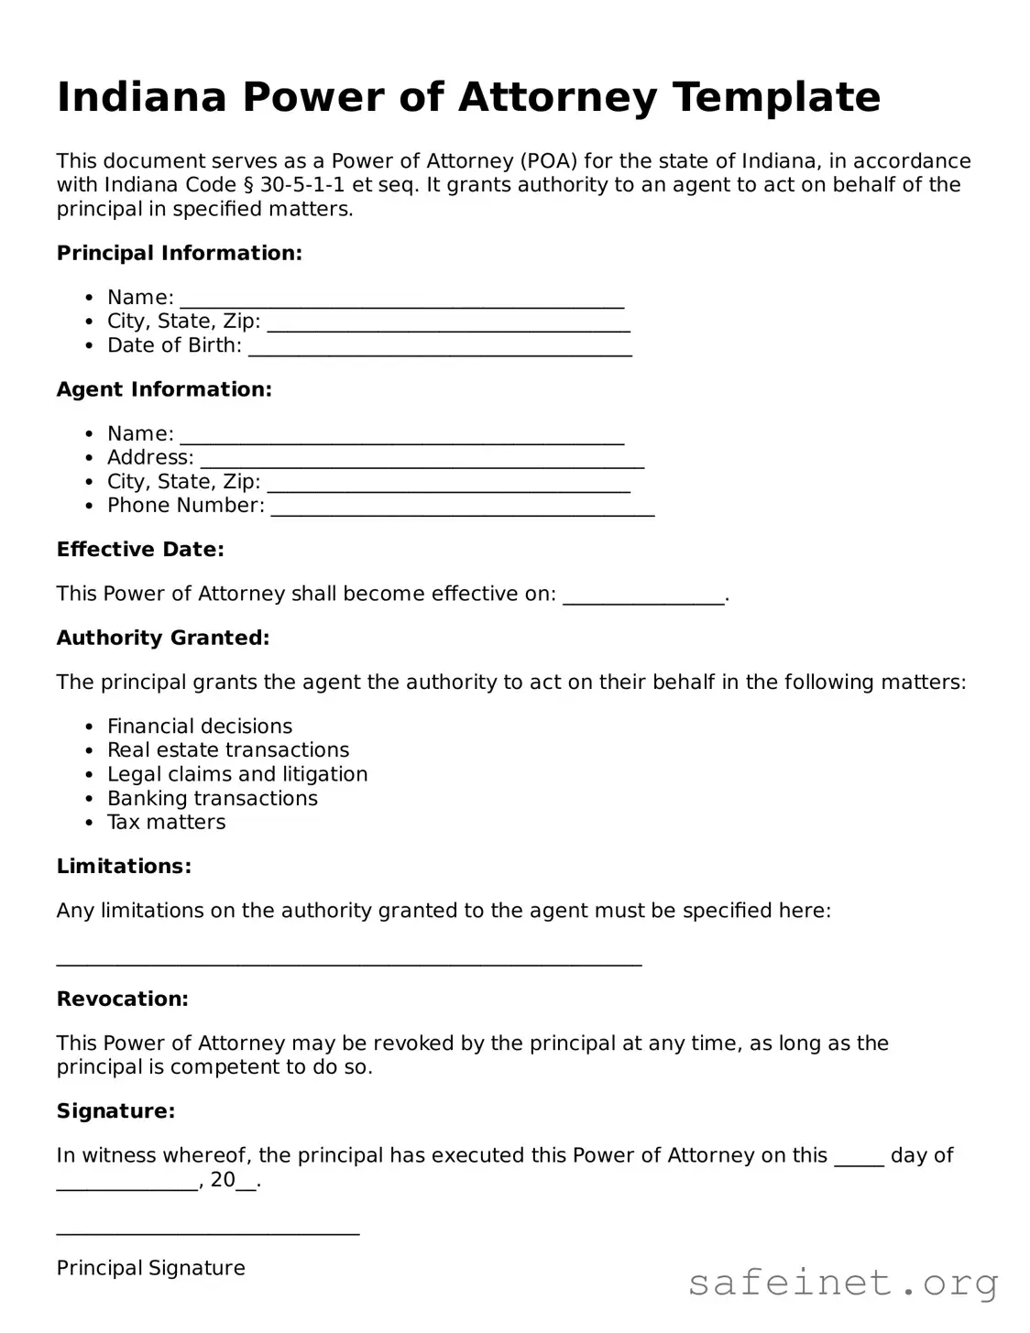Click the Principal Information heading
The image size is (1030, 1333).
click(179, 253)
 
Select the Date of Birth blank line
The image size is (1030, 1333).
click(440, 348)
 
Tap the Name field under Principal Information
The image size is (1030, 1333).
click(401, 300)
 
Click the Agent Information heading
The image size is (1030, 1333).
click(164, 389)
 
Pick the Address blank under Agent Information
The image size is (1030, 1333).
click(422, 460)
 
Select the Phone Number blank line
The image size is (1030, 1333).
click(463, 508)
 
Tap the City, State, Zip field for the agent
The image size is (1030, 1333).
click(448, 485)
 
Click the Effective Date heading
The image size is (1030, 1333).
click(140, 550)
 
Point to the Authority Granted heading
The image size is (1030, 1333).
click(163, 638)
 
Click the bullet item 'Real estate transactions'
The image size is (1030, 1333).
click(228, 750)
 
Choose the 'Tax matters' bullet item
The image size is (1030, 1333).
click(166, 822)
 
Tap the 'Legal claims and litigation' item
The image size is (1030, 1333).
click(237, 774)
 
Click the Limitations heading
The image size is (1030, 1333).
click(124, 866)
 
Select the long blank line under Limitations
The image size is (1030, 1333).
click(348, 960)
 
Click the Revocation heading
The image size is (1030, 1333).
click(122, 999)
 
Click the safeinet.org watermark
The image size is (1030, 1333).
click(842, 1283)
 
